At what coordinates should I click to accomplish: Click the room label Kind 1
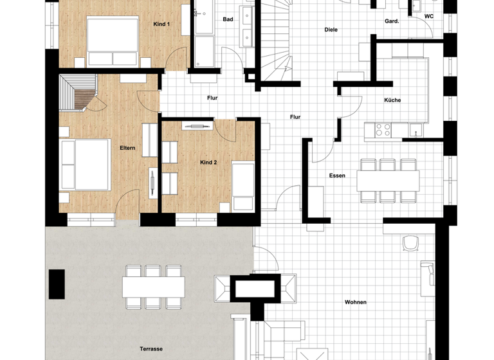161,24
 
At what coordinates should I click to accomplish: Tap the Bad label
228,19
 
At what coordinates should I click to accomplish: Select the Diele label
331,30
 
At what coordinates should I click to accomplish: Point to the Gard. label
392,21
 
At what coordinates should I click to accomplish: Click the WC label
429,17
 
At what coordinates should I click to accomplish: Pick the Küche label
392,100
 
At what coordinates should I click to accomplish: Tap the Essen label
337,175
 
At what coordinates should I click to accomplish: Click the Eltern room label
127,148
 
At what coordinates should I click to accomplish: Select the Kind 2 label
208,163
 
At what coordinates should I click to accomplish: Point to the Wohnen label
356,301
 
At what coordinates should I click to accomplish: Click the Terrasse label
151,349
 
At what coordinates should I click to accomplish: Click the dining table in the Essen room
389,180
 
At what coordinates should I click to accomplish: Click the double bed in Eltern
84,165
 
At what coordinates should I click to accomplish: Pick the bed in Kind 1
113,41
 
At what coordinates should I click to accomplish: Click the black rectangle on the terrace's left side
57,284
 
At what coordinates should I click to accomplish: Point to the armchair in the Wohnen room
410,244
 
